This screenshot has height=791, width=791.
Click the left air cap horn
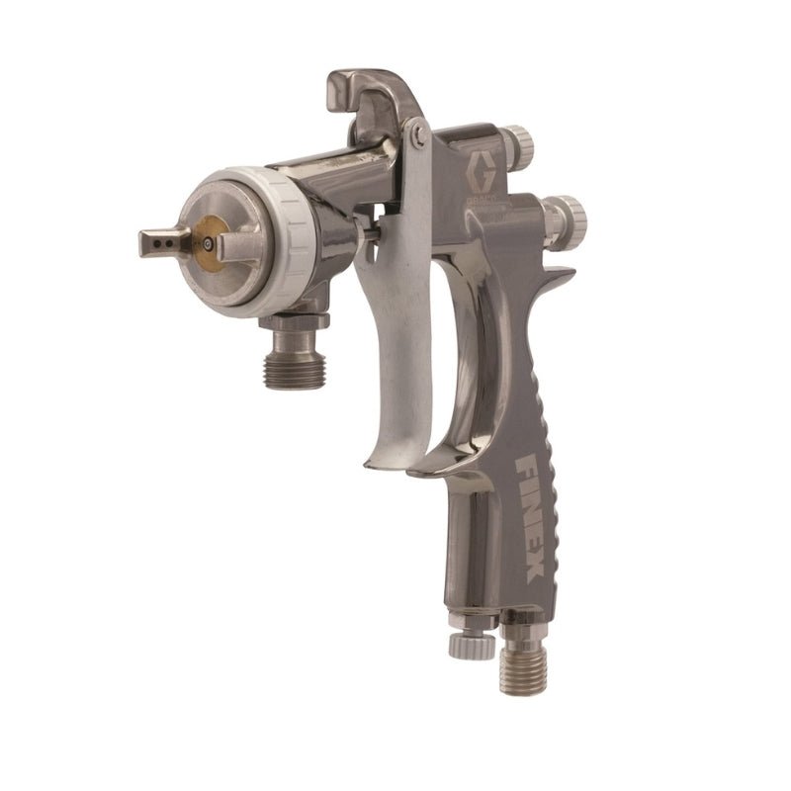(163, 240)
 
